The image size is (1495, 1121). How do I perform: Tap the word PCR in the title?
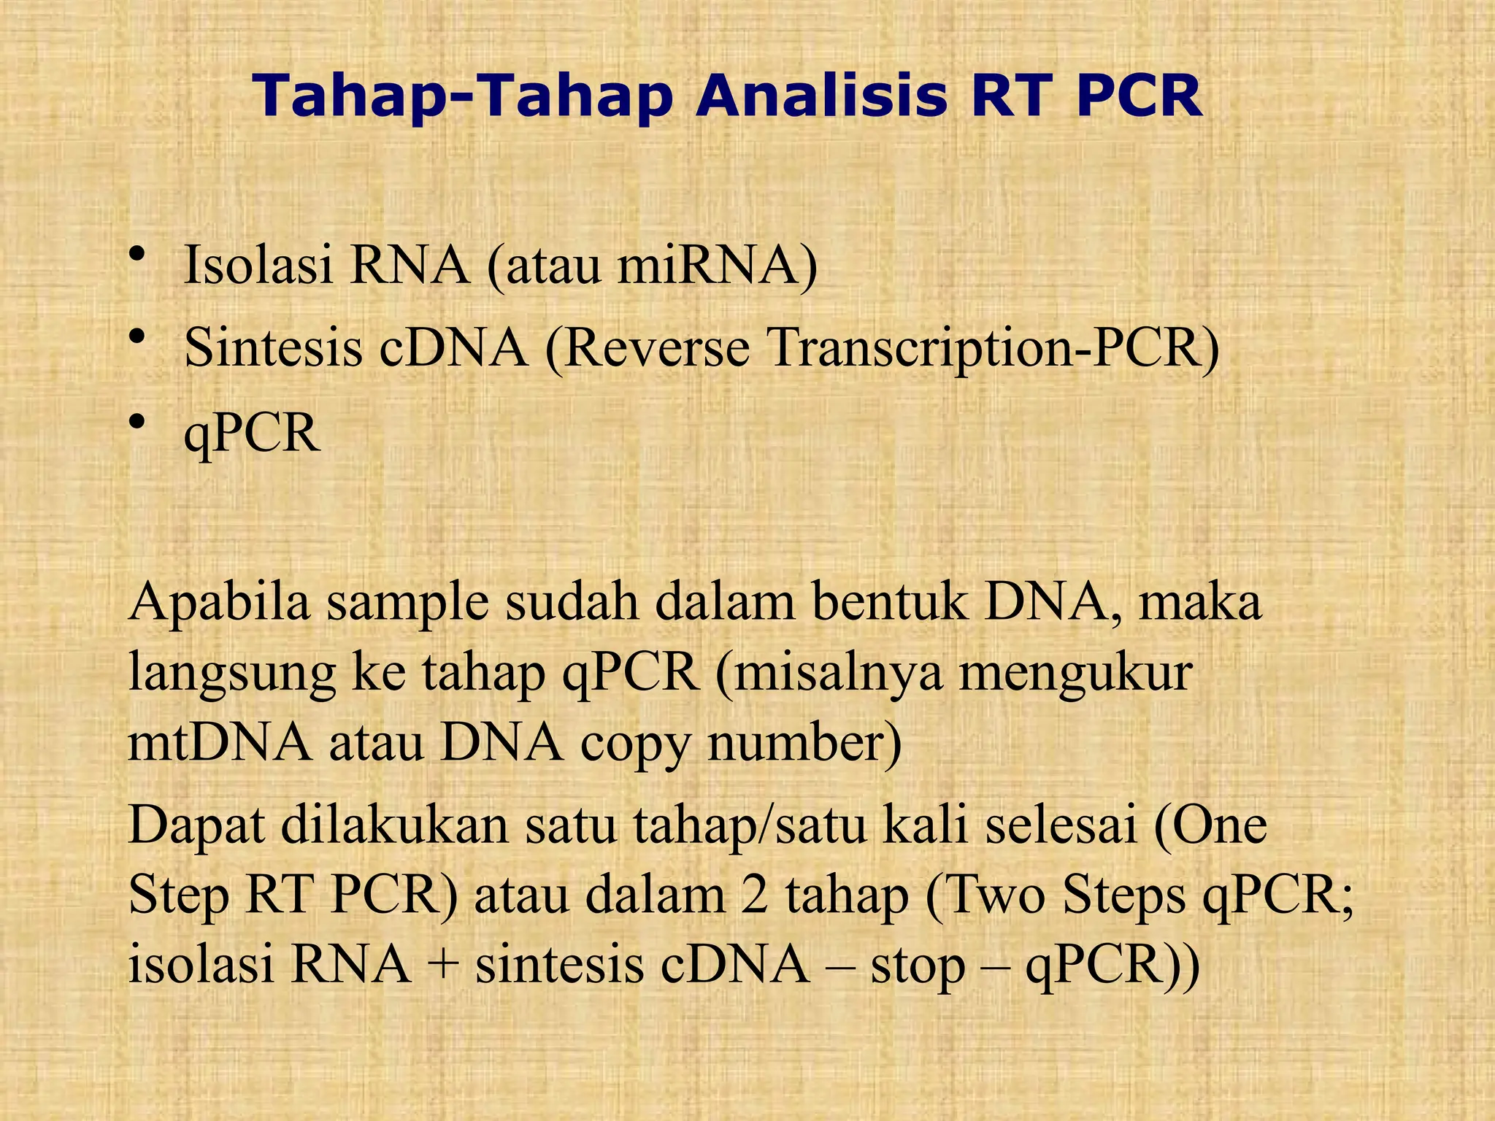click(x=1139, y=98)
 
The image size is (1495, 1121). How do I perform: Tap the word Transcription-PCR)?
click(x=994, y=347)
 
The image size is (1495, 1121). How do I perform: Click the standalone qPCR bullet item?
click(x=252, y=434)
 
